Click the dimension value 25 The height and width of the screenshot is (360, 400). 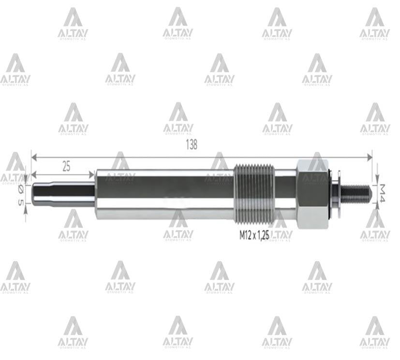[67, 166]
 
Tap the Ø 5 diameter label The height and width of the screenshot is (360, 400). [20, 196]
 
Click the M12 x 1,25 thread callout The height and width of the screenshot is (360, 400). [254, 236]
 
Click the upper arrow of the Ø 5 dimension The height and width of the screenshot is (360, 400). [26, 179]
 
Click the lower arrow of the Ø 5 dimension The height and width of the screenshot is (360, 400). [26, 206]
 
